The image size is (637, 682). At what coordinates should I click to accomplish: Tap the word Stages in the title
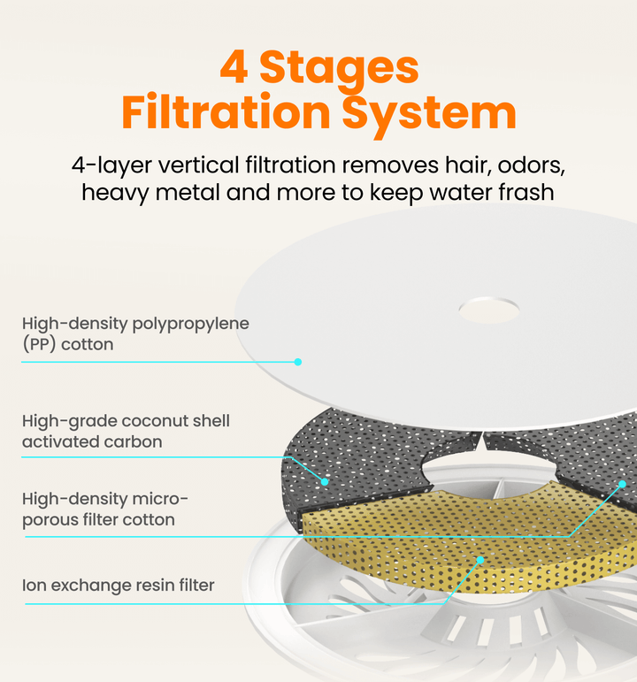point(339,70)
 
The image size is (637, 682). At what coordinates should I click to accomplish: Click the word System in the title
point(429,114)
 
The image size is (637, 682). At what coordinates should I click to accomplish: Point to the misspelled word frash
point(526,192)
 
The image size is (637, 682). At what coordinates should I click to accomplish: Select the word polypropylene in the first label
point(190,325)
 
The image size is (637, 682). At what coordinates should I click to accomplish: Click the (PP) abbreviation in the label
point(39,344)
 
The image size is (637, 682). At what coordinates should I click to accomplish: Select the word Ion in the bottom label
point(35,586)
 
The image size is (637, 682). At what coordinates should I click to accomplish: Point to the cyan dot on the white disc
point(298,362)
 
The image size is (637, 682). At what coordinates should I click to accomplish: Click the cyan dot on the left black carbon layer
point(325,481)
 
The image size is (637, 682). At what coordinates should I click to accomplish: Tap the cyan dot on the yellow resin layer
point(480,560)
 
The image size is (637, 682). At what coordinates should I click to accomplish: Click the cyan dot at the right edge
point(623,484)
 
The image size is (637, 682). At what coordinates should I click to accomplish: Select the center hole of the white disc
point(489,310)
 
